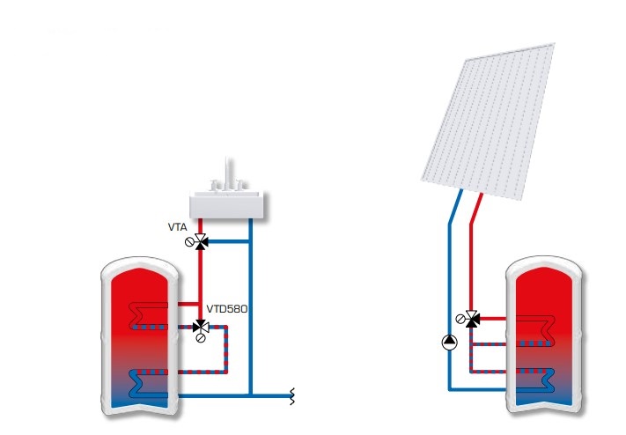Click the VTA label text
(178, 226)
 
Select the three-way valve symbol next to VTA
(201, 240)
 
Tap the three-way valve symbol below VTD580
(201, 327)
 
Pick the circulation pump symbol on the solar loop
(449, 342)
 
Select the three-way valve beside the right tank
(473, 318)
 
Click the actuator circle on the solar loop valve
(461, 318)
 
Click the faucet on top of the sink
(226, 172)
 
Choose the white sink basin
(228, 203)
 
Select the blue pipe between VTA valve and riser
(229, 240)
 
